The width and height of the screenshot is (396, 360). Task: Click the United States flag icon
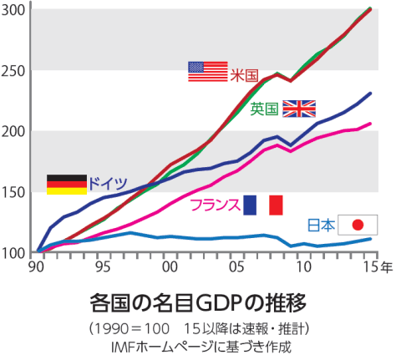(x=207, y=72)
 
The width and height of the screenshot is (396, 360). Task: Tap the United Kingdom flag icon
(x=299, y=109)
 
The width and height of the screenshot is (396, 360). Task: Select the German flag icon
(x=66, y=185)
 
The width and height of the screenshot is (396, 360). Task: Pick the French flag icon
(x=263, y=205)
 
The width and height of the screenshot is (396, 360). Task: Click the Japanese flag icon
(x=357, y=225)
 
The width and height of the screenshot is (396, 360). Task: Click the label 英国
(x=265, y=109)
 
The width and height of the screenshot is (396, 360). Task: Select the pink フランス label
(x=215, y=205)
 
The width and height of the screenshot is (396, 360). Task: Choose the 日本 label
(x=322, y=225)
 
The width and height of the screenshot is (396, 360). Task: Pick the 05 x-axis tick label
(x=236, y=266)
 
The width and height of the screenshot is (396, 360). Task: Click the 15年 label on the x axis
(x=374, y=266)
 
